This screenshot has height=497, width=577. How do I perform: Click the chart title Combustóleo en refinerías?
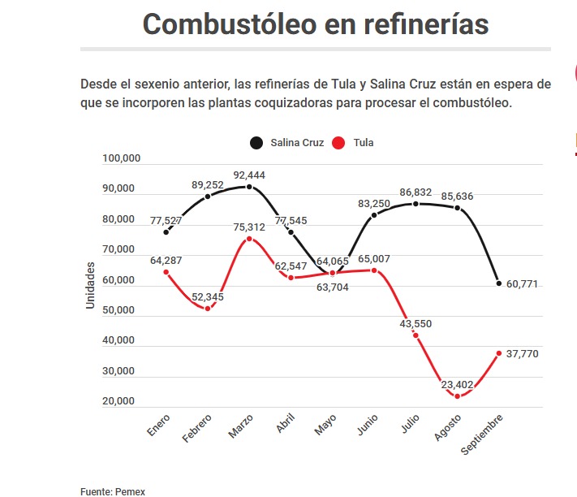316,24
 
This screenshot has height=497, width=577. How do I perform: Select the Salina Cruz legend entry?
288,143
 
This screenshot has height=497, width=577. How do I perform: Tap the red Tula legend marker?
339,143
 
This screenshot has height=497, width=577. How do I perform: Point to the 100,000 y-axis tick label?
123,158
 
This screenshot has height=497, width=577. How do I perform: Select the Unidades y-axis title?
91,284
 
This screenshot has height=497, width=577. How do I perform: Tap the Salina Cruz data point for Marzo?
249,187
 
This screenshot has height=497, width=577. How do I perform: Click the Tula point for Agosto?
458,396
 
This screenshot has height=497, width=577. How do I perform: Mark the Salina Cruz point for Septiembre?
499,283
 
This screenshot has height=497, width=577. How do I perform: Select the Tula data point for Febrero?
208,309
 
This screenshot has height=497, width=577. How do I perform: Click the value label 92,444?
249,175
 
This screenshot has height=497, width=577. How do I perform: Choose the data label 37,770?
522,354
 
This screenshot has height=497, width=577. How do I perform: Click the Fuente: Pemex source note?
113,491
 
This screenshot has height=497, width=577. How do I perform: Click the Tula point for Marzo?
249,239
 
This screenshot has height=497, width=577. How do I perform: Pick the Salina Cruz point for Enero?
166,232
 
